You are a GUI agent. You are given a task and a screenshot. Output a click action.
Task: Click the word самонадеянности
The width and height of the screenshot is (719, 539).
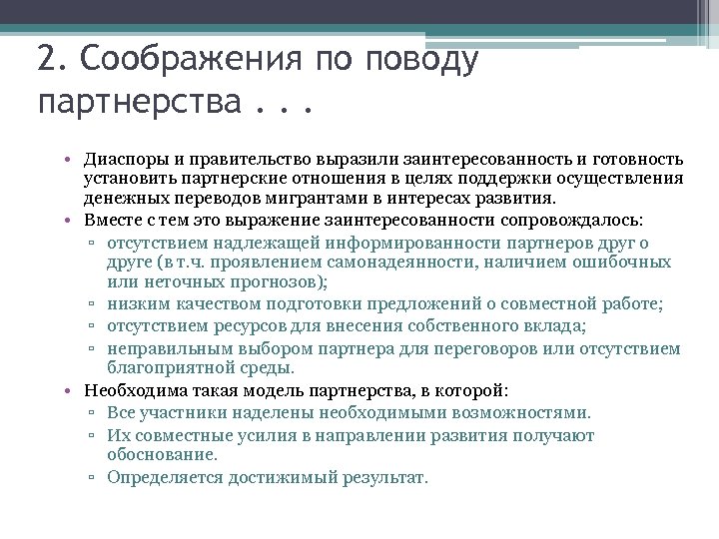(x=418, y=262)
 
